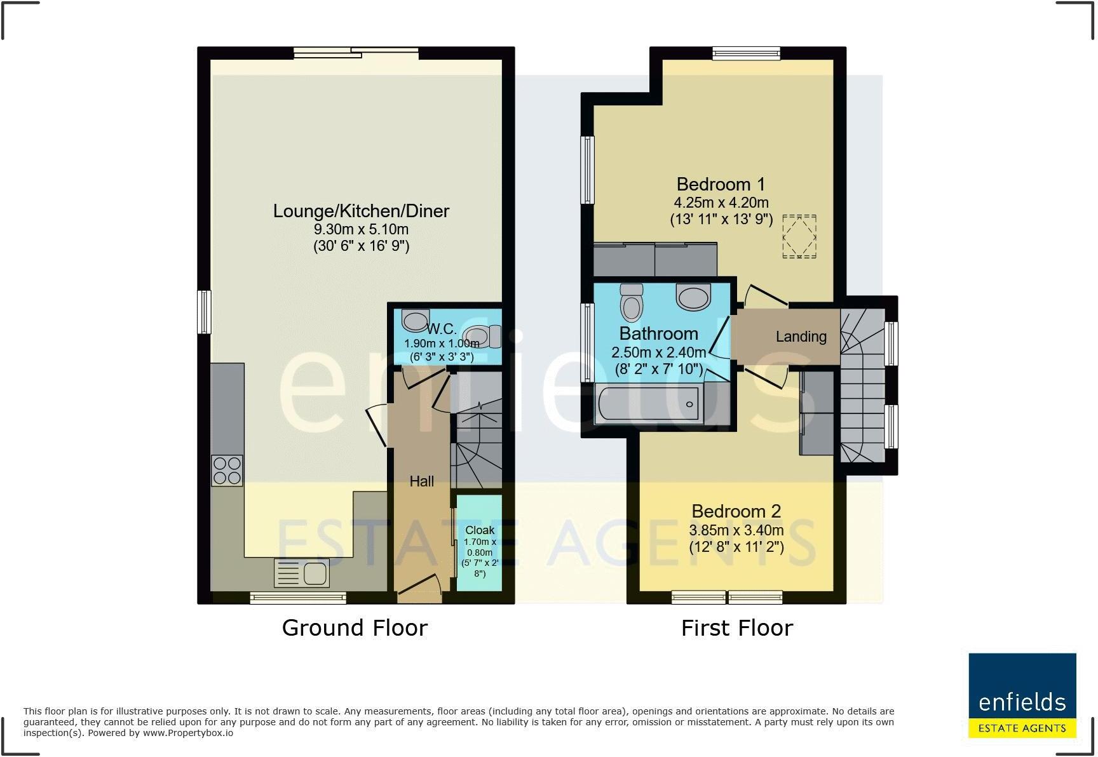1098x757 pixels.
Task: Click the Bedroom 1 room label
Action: [721, 184]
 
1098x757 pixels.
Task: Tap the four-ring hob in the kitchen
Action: [227, 471]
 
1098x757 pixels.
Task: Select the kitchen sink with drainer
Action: [302, 573]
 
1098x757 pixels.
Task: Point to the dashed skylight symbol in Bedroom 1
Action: [799, 236]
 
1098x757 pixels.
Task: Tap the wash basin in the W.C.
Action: [415, 321]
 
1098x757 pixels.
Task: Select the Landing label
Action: [801, 337]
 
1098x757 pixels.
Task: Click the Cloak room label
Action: [480, 530]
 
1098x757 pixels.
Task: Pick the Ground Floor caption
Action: [355, 627]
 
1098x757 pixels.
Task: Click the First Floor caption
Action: [737, 628]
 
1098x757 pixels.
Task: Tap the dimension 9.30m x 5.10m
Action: [361, 229]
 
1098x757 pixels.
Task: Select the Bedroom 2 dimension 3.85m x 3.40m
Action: [736, 530]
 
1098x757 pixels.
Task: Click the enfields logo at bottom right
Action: [1022, 695]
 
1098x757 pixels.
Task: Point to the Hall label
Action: [421, 481]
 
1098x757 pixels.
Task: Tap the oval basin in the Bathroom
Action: [693, 297]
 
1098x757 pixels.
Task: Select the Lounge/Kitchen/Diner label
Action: [361, 211]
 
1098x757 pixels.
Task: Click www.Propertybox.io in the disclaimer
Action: [187, 733]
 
